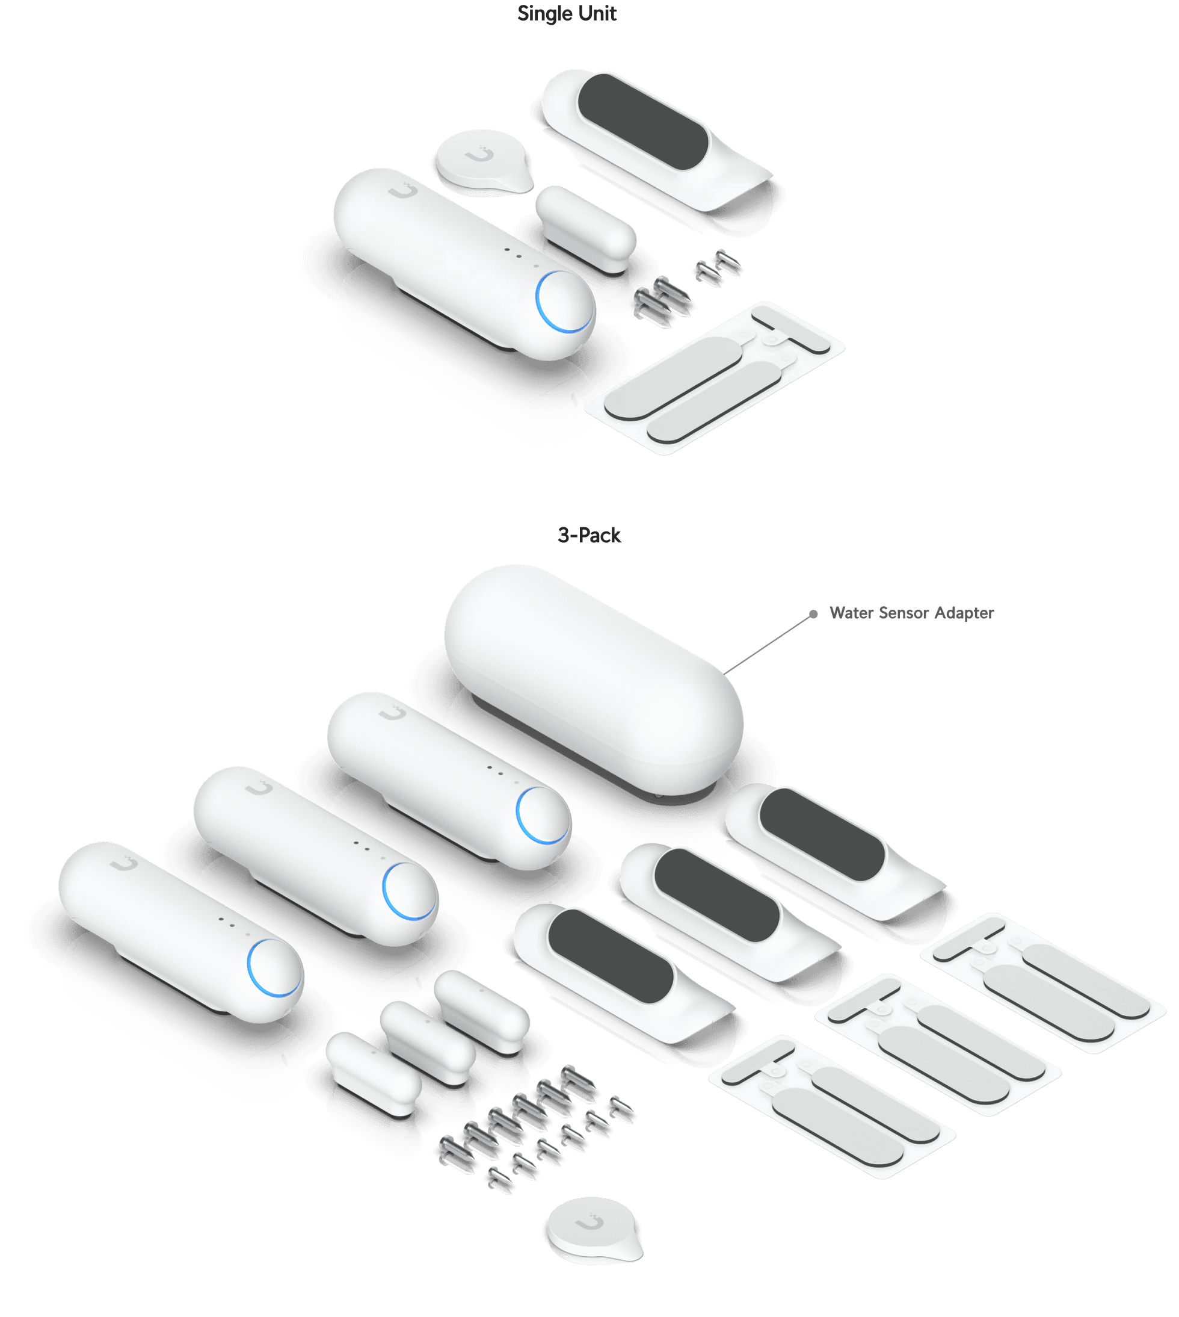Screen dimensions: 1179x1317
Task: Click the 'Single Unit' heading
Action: click(566, 14)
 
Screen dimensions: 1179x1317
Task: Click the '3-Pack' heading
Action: click(589, 535)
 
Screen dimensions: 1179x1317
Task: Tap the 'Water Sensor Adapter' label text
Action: click(911, 613)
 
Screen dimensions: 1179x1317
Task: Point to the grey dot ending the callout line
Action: click(813, 614)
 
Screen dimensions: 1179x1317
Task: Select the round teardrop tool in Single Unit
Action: click(483, 162)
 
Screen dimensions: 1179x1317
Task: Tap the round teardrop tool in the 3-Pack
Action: click(594, 1230)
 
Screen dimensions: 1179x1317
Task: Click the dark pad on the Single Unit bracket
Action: click(642, 121)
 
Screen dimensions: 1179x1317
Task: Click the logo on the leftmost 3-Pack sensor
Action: click(124, 863)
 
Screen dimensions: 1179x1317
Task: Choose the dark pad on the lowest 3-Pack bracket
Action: click(610, 955)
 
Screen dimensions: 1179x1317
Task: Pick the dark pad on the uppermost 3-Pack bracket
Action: click(822, 834)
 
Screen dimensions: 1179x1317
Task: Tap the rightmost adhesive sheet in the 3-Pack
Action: click(1043, 982)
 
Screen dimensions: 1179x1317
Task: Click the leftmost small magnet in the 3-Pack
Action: click(374, 1074)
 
